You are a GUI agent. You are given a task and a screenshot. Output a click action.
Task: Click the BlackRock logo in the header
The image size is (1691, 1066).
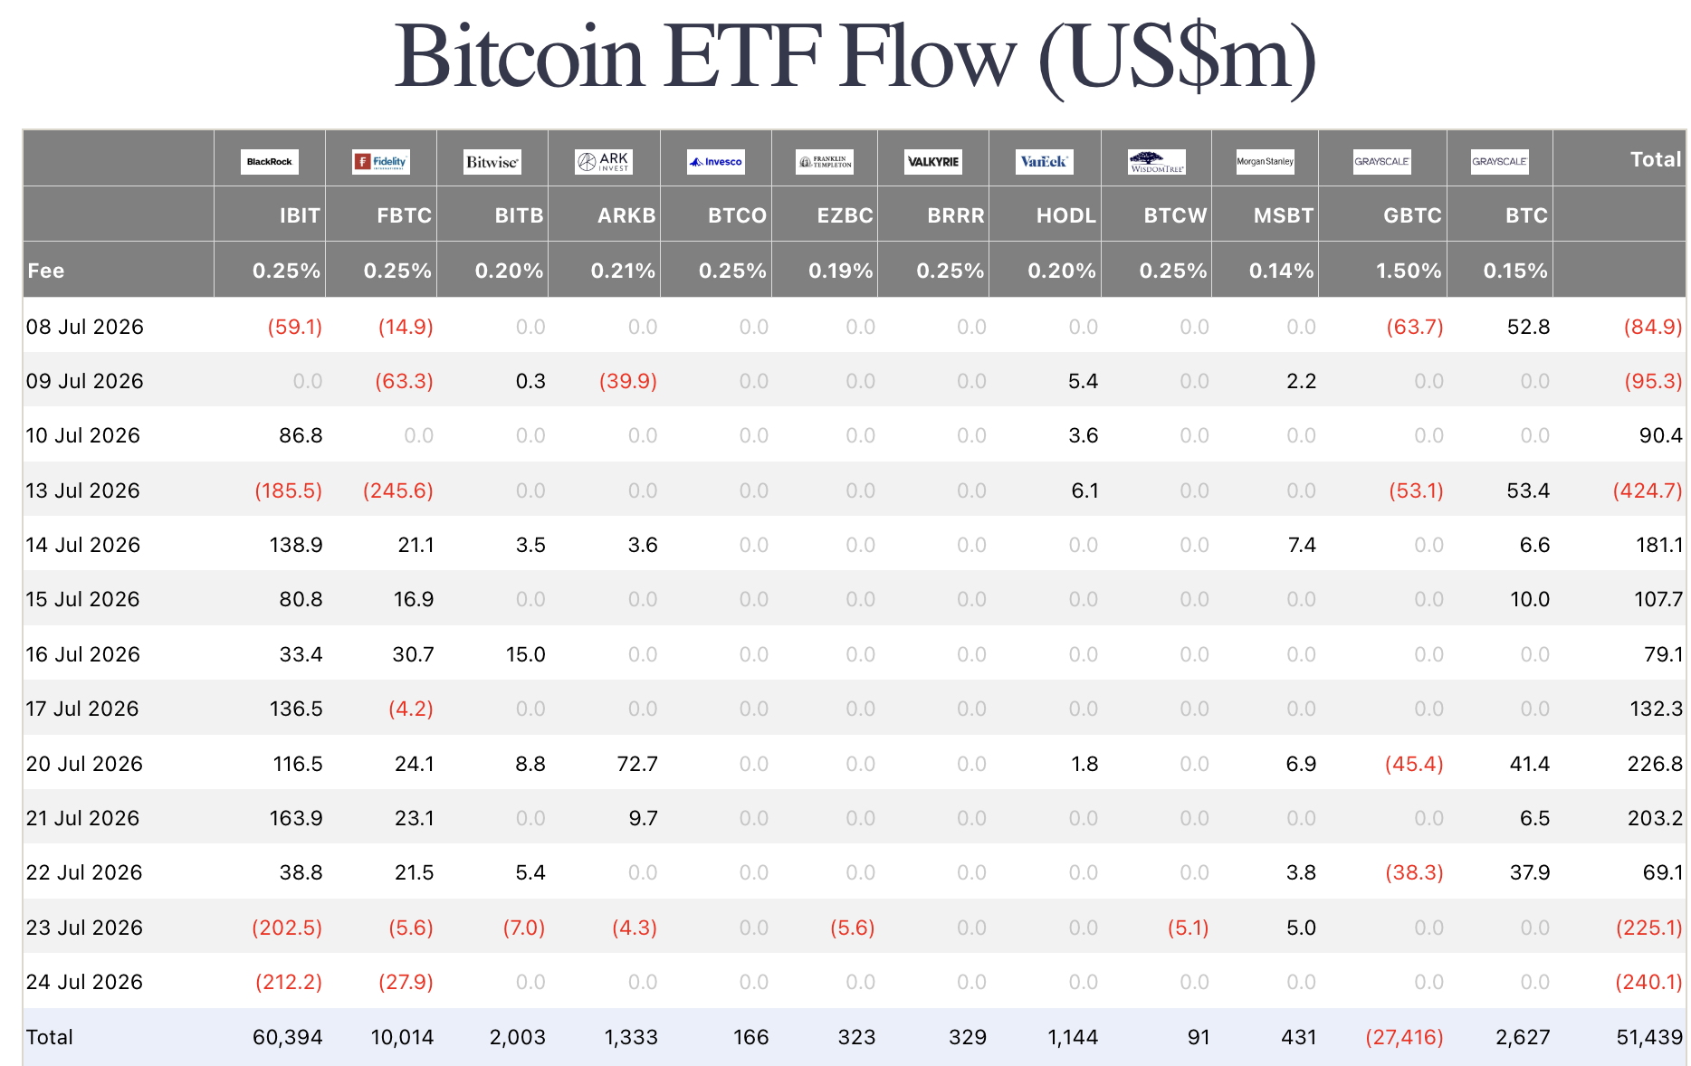click(x=270, y=162)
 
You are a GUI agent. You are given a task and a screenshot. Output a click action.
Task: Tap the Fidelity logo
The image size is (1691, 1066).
click(x=381, y=162)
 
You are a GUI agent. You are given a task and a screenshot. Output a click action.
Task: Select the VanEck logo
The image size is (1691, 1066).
click(x=1045, y=162)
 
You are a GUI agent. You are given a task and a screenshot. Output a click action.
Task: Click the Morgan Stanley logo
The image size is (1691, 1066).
click(x=1266, y=162)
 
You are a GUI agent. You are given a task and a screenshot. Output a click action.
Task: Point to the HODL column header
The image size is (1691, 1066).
click(x=1066, y=215)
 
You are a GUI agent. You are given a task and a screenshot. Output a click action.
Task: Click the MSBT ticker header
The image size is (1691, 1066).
click(x=1284, y=215)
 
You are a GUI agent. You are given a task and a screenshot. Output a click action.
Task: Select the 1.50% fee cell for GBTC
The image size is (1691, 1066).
click(x=1409, y=271)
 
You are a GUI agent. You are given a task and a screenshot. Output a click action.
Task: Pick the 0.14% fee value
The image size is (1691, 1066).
click(x=1281, y=271)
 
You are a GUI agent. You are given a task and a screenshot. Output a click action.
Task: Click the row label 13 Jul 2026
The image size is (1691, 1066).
click(x=83, y=490)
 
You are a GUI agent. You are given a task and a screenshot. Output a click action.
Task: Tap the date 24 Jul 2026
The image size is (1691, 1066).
click(x=84, y=982)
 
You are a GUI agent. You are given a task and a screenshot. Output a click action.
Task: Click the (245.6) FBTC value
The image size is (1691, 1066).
click(x=398, y=490)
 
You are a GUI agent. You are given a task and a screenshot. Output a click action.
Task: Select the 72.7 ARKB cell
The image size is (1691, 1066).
click(x=637, y=764)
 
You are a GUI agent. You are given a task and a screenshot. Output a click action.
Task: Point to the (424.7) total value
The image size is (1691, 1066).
click(x=1648, y=490)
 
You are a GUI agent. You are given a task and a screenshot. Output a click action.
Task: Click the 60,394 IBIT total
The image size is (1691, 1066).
click(x=288, y=1037)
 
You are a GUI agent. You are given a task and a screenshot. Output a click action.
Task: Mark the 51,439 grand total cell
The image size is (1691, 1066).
click(x=1649, y=1037)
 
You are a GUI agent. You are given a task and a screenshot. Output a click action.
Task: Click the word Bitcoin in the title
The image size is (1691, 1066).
click(x=520, y=56)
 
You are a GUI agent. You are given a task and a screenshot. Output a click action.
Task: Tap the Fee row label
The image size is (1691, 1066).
click(x=46, y=271)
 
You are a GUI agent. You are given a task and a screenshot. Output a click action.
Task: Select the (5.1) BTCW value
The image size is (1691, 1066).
click(x=1189, y=928)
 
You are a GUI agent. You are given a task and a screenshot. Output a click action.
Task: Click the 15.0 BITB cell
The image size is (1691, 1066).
click(x=526, y=654)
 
